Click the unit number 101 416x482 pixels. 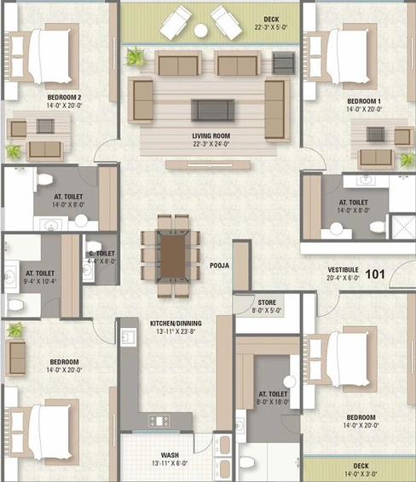tap(375, 274)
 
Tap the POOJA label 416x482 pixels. tap(219, 266)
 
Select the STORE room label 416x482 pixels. tap(267, 302)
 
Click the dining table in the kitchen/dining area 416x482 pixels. tap(173, 255)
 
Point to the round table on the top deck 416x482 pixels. tap(200, 31)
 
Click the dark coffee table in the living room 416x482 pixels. tap(212, 110)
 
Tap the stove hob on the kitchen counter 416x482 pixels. tap(159, 421)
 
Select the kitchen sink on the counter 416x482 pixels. tap(129, 337)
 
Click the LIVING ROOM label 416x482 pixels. tap(211, 136)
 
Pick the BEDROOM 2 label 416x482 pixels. tap(64, 97)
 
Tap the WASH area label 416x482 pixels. tap(170, 455)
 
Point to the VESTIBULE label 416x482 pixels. tap(343, 270)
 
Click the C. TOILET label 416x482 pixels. tap(101, 254)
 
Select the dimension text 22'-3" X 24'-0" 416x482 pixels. tap(211, 144)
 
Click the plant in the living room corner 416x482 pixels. tap(135, 57)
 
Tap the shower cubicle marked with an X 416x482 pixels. tap(403, 227)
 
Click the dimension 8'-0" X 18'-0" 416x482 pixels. tap(273, 402)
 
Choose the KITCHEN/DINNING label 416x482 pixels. tap(176, 324)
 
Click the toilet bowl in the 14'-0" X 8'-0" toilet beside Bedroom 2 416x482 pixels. tap(44, 179)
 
